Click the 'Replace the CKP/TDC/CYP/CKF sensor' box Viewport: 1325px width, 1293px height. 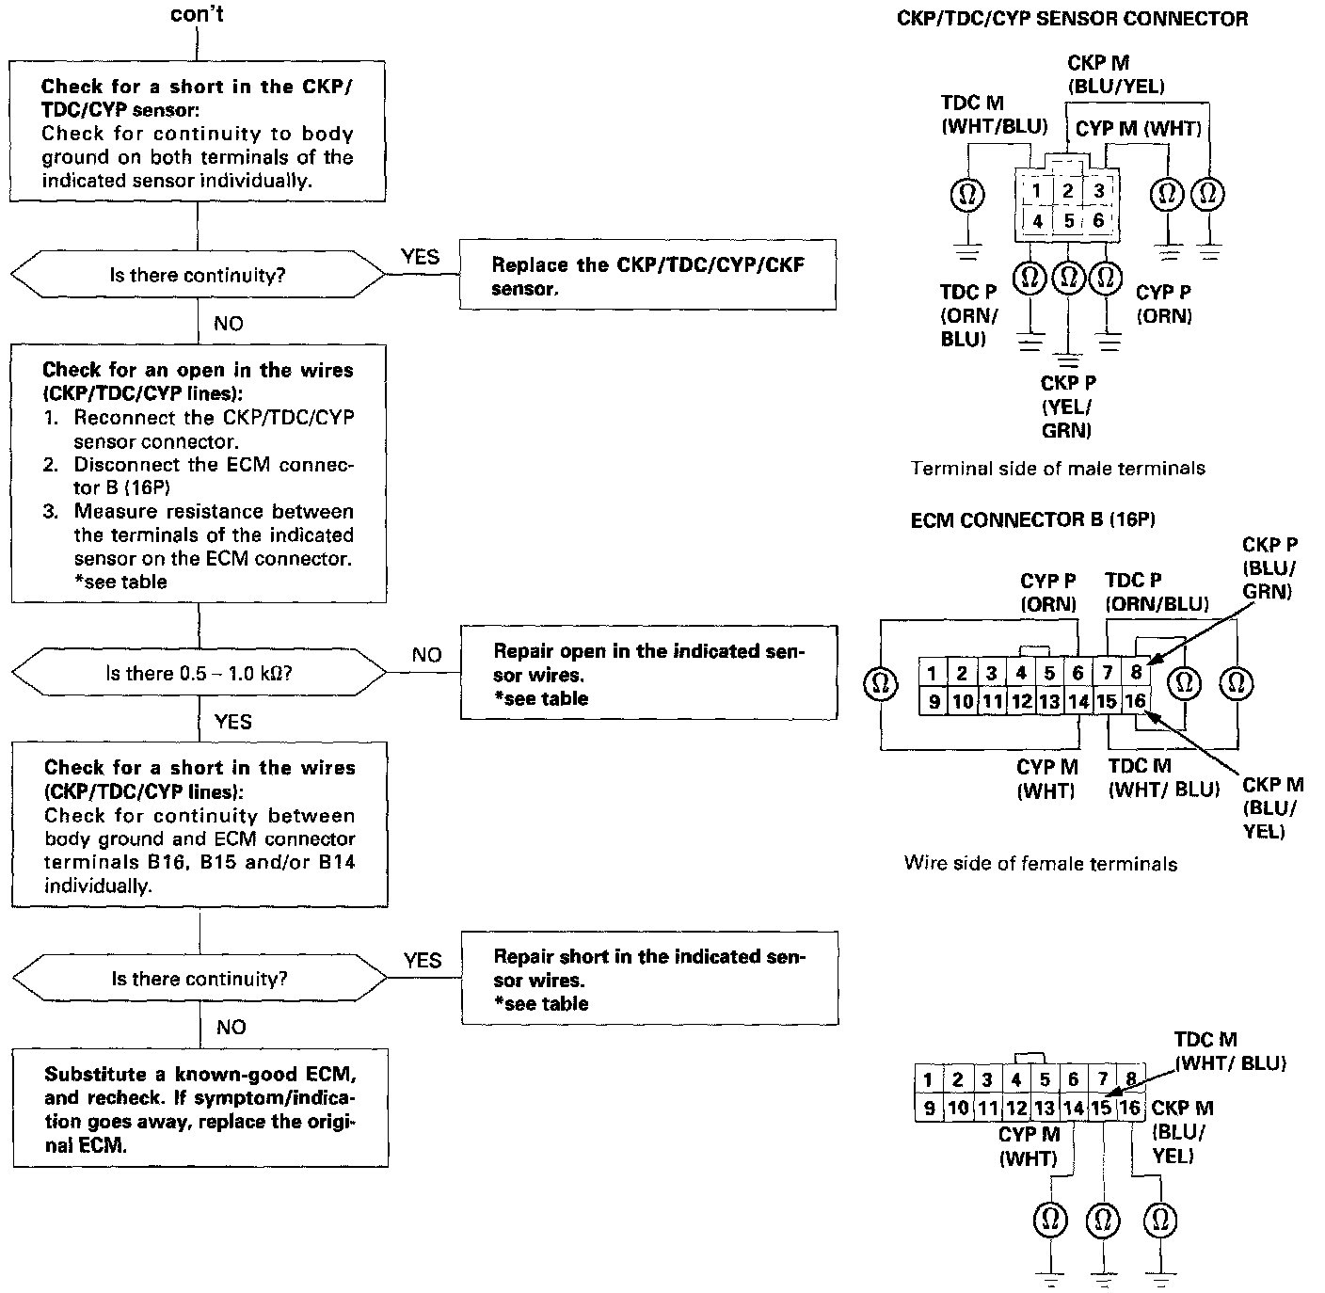pyautogui.click(x=647, y=276)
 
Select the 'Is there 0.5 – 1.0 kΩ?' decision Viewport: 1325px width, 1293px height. pyautogui.click(x=198, y=674)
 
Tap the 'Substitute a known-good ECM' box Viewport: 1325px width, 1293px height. pyautogui.click(x=200, y=1109)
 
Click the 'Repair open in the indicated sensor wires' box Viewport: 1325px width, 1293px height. pyautogui.click(x=648, y=673)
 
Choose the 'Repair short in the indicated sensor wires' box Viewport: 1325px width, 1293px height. pyautogui.click(x=649, y=979)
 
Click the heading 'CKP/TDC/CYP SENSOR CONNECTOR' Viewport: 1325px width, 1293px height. pyautogui.click(x=1072, y=19)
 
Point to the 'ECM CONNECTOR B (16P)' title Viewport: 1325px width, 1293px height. pyautogui.click(x=1032, y=519)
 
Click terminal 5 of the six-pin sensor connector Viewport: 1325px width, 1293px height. pyautogui.click(x=1068, y=221)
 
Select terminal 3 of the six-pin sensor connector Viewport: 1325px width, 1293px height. pyautogui.click(x=1098, y=190)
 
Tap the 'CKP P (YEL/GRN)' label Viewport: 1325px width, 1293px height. pyautogui.click(x=1068, y=407)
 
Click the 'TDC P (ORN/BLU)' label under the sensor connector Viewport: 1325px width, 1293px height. pyautogui.click(x=968, y=315)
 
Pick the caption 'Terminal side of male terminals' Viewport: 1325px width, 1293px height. pyautogui.click(x=1058, y=468)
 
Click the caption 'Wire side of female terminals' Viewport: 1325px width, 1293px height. pyautogui.click(x=1040, y=863)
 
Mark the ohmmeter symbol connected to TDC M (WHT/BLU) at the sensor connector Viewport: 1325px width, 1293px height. pyautogui.click(x=967, y=195)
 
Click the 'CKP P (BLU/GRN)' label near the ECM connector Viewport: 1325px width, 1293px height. pyautogui.click(x=1269, y=567)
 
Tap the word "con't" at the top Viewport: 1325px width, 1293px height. pyautogui.click(x=198, y=15)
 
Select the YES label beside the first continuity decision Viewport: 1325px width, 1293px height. pyautogui.click(x=420, y=256)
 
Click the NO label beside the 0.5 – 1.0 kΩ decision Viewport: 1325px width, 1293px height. pyautogui.click(x=426, y=655)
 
